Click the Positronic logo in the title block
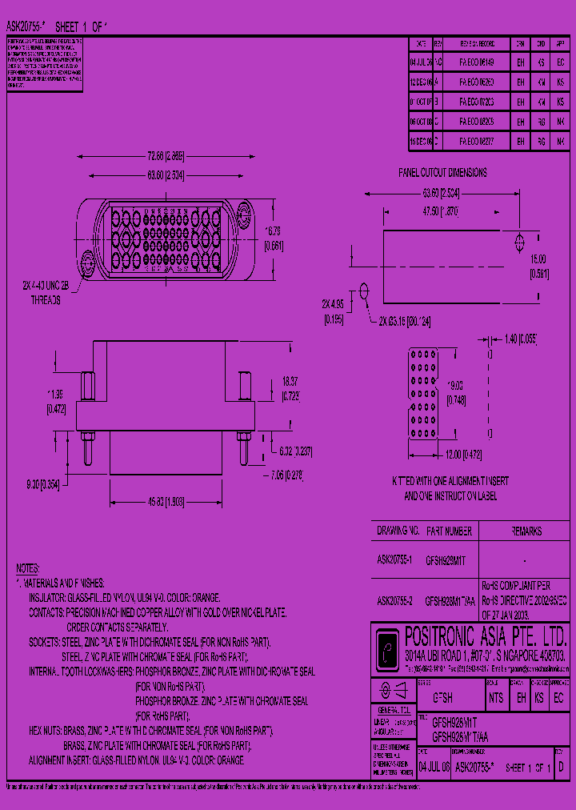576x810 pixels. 390,643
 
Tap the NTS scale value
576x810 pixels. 496,697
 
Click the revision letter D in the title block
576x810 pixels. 562,766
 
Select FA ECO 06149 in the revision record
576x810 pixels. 477,62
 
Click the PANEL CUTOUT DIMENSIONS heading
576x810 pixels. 442,172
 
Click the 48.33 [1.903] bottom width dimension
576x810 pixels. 167,500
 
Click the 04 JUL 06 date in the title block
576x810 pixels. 434,766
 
